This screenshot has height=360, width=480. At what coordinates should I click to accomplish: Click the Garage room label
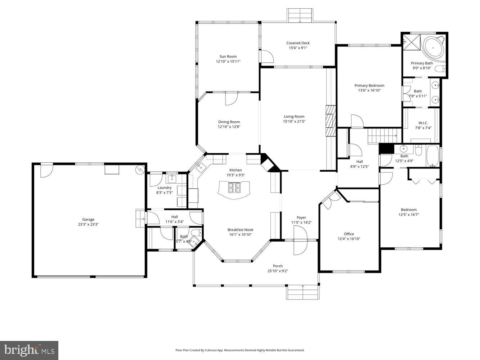coord(88,219)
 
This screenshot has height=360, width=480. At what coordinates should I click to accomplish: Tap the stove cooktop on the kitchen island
coord(234,187)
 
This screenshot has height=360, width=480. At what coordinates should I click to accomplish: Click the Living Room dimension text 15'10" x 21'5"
coord(294,121)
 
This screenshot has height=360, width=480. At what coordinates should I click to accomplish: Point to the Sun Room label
coord(228,57)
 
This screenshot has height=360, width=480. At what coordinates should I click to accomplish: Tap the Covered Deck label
coord(298,43)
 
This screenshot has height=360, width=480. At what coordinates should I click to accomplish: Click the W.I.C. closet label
coord(423,123)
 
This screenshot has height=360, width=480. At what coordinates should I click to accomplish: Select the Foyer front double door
coord(300,240)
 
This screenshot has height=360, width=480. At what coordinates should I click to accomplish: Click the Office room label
coord(349,234)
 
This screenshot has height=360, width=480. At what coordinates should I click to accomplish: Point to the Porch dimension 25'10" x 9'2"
coord(278,271)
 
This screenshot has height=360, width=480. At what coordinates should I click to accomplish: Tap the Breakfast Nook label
coord(240,230)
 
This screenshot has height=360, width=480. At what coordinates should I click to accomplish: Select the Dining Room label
coord(229,122)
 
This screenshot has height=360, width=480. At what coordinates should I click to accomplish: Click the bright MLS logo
coord(29,350)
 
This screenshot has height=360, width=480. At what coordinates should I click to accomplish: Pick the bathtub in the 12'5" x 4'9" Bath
coord(432,156)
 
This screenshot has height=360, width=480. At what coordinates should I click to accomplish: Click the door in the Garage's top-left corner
coord(46,170)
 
